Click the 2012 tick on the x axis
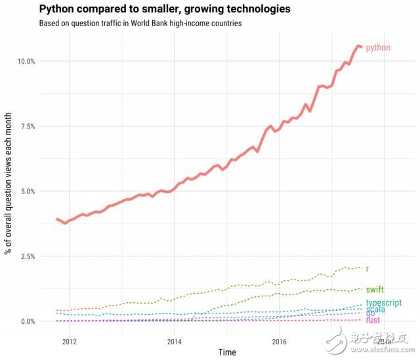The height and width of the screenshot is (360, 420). pyautogui.click(x=70, y=342)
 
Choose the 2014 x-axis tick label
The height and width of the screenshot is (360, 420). pyautogui.click(x=175, y=342)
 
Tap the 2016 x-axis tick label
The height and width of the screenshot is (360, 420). pyautogui.click(x=280, y=342)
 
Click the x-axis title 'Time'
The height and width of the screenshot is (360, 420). pyautogui.click(x=227, y=353)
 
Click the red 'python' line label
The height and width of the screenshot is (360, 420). pyautogui.click(x=378, y=48)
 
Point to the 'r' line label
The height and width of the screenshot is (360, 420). pyautogui.click(x=367, y=268)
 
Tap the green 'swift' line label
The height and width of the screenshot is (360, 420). pyautogui.click(x=375, y=289)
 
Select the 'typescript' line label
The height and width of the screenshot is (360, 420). pyautogui.click(x=384, y=303)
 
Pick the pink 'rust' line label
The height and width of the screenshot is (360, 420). pyautogui.click(x=373, y=320)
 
